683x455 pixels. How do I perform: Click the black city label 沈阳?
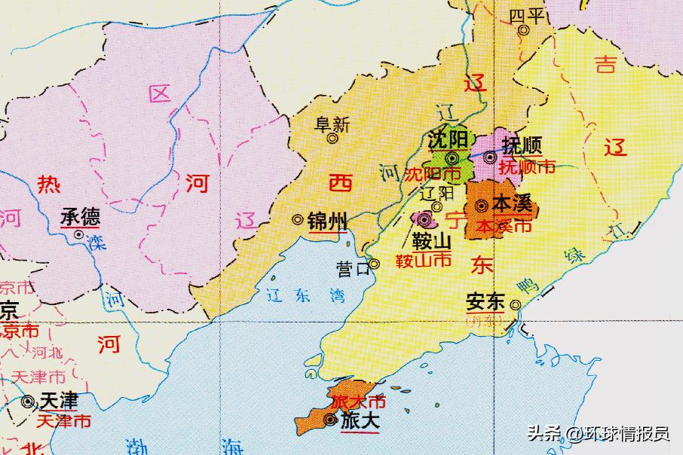coord(448,140)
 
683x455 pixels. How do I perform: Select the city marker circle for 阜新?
coord(332,138)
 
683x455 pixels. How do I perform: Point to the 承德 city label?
coord(80,218)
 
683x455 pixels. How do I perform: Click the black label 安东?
coord(484,301)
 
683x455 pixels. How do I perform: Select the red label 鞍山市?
coord(424,261)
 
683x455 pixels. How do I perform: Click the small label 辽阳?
coord(436,193)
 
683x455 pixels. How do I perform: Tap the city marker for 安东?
coord(516,305)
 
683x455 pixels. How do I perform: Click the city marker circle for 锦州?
coord(299,220)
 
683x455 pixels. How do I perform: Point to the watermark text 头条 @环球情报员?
coord(598,433)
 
